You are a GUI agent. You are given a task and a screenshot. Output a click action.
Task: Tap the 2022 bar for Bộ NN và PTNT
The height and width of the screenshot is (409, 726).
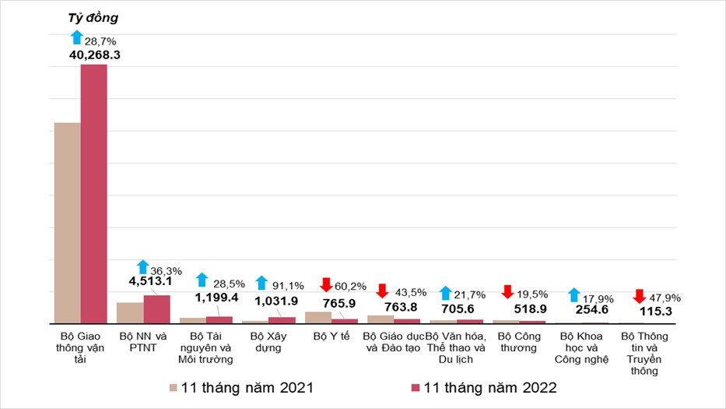coord(156,309)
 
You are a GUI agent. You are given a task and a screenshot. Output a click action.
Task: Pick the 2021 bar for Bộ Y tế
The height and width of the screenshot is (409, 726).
coord(317,317)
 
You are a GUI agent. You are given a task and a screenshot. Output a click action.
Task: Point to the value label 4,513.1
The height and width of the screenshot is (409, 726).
coord(149,284)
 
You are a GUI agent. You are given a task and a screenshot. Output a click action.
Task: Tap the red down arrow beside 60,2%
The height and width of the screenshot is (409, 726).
coord(326,285)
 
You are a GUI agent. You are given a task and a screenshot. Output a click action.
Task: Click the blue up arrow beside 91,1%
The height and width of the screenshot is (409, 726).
coord(261,284)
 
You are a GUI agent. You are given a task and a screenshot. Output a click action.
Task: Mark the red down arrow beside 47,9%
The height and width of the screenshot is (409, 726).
coord(639,297)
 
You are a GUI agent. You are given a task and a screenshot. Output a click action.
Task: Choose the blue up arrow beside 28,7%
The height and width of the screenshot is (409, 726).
coord(76,37)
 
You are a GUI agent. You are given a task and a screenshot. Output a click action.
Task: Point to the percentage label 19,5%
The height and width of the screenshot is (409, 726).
coord(533,294)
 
